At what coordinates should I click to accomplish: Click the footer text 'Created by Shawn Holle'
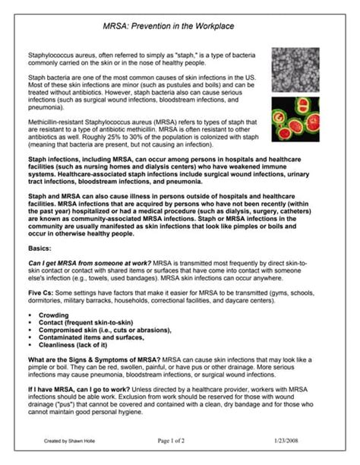point(67,440)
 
